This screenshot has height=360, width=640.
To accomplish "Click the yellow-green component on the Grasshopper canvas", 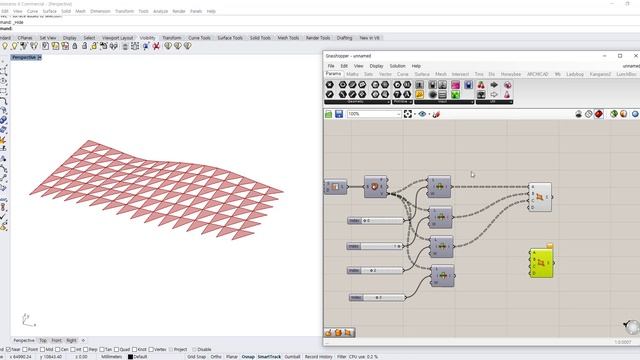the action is tap(541, 262).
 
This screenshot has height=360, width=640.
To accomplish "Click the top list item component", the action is tap(438, 187).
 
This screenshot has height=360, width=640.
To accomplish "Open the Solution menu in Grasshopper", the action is tap(397, 66).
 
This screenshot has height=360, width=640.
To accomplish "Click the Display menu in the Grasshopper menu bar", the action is tap(376, 66).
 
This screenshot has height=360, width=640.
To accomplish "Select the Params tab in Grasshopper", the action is tap(333, 74).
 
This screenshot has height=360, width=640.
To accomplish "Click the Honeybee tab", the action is tap(511, 74).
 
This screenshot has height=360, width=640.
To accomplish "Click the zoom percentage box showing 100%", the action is tap(372, 114).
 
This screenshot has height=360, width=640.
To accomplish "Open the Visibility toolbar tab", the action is tap(147, 38).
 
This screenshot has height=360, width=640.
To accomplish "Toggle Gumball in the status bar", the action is tap(292, 356).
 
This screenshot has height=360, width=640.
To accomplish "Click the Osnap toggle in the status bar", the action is tap(246, 356).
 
